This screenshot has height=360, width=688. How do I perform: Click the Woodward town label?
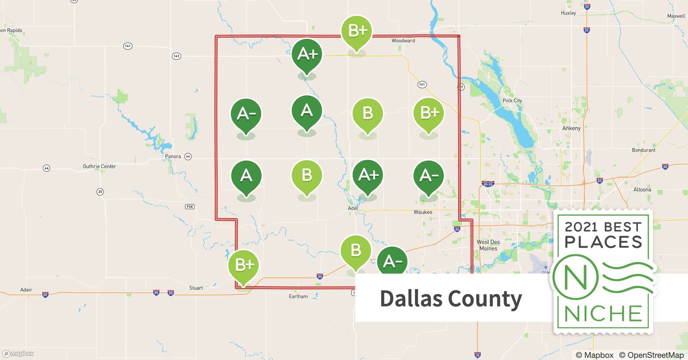[x=403, y=41]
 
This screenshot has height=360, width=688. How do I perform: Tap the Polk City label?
[x=512, y=100]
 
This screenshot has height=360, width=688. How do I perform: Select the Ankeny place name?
[x=571, y=128]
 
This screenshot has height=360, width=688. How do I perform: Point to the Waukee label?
[x=423, y=212]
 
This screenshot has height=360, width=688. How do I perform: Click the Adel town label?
[x=353, y=208]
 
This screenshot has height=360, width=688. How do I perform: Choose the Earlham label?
[x=298, y=296]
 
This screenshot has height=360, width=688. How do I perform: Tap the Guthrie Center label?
[x=99, y=166]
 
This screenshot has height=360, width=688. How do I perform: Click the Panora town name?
[x=173, y=156]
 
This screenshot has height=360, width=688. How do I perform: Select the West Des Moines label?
[x=488, y=245]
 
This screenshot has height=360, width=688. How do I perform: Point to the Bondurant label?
[x=643, y=150]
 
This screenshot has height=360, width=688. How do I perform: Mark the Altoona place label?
[x=642, y=189]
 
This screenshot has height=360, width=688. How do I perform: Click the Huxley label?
[x=568, y=13]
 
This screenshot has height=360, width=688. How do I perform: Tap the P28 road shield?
[x=189, y=207]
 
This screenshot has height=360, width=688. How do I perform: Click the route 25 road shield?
[x=100, y=192]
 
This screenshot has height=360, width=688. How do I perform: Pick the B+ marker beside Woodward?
[x=357, y=32]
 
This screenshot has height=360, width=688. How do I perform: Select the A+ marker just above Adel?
[x=368, y=175]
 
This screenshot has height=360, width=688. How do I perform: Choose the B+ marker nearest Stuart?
[x=244, y=265]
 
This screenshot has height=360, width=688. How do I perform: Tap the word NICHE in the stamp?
[x=603, y=314]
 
